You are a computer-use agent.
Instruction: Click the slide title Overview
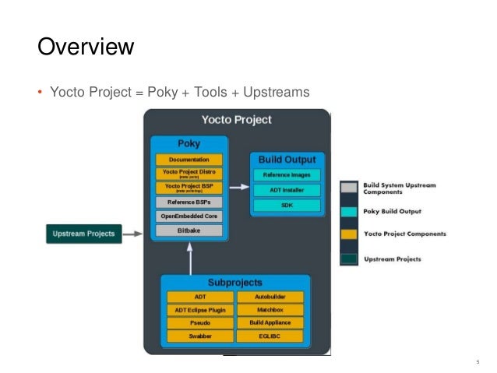click(x=86, y=47)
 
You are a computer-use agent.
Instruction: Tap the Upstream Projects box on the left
click(x=83, y=233)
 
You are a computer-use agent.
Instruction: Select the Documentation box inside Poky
click(x=189, y=159)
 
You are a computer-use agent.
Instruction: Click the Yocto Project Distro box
click(x=189, y=173)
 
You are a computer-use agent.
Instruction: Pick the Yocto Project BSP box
click(x=189, y=188)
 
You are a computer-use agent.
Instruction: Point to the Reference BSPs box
click(x=189, y=202)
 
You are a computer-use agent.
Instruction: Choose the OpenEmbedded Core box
click(x=189, y=216)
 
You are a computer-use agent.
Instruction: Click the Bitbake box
click(x=189, y=230)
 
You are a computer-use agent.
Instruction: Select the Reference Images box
click(x=286, y=175)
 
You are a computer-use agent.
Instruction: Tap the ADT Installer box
click(x=286, y=190)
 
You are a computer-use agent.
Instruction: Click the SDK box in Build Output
click(x=286, y=205)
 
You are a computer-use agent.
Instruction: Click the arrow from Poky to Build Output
click(x=239, y=188)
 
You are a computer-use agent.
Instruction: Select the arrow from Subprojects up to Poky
click(x=188, y=257)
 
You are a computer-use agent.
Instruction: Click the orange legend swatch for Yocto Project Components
click(x=350, y=233)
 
